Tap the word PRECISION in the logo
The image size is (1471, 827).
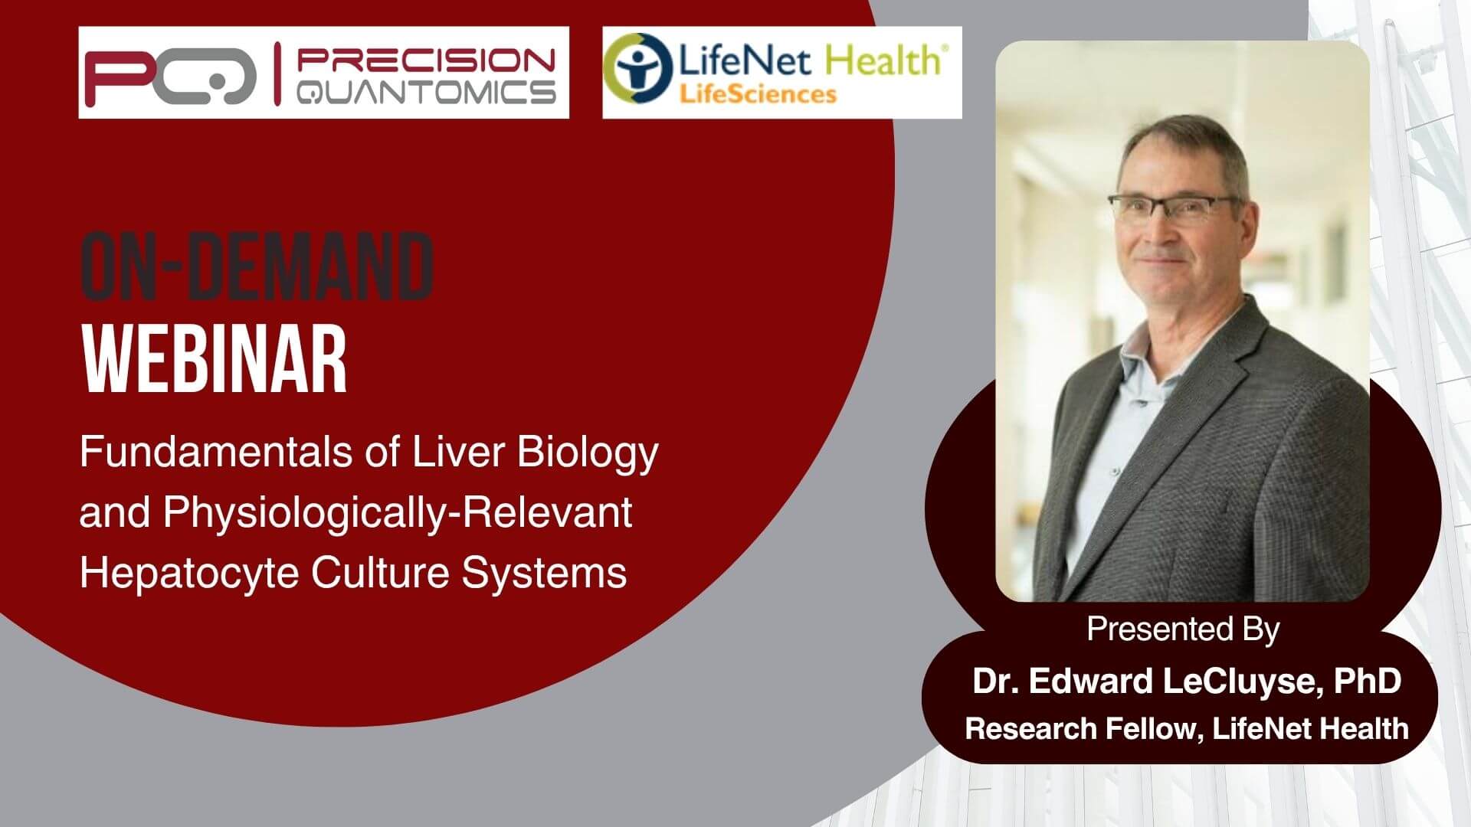coord(426,59)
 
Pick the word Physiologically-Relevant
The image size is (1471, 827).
coord(398,513)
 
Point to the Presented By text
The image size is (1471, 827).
coord(1183,629)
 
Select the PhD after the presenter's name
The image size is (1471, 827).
coord(1368,681)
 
